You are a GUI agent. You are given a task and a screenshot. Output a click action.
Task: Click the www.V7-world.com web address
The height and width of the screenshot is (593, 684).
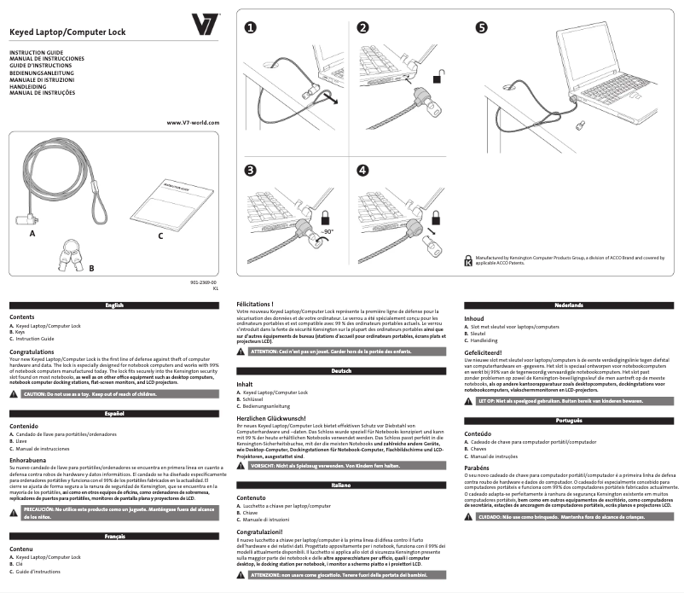[193, 123]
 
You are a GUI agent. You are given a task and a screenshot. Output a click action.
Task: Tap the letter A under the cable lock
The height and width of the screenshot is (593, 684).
[32, 232]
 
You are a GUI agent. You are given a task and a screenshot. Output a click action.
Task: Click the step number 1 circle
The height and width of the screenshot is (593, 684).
[250, 27]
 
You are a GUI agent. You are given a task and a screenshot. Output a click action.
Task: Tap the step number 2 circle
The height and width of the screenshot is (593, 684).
[363, 27]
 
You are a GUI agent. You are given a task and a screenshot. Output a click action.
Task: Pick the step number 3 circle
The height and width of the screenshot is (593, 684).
[250, 170]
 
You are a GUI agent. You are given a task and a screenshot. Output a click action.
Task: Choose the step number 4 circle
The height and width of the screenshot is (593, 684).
[363, 170]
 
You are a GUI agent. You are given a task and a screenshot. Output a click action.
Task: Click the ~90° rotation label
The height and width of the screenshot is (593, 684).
[328, 231]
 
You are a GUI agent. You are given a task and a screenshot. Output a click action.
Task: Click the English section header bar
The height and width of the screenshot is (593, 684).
[114, 305]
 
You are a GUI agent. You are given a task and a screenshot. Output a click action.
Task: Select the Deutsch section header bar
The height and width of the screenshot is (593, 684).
[341, 371]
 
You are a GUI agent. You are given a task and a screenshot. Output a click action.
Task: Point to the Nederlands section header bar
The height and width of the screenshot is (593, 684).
[568, 305]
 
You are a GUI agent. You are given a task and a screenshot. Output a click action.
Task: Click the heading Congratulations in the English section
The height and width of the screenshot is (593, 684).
[32, 351]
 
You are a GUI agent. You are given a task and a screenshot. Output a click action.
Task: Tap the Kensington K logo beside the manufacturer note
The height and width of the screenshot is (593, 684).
[467, 261]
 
